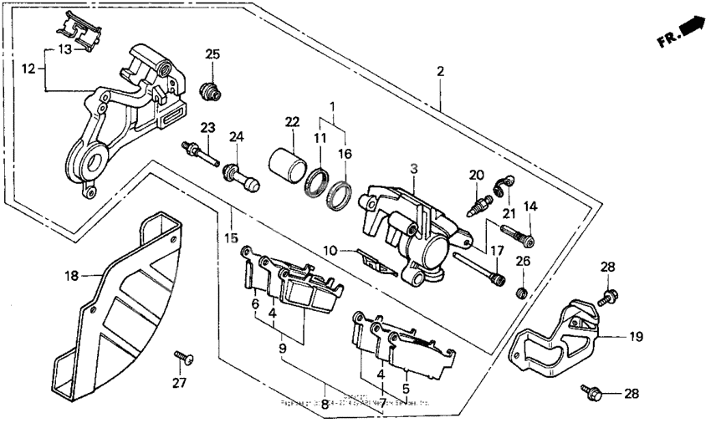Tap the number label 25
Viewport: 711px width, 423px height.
coord(212,55)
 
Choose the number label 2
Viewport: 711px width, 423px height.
coord(440,73)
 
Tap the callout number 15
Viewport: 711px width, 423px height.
coord(231,237)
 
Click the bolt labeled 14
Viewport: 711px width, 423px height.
coord(518,234)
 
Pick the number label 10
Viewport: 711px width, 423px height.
coord(331,250)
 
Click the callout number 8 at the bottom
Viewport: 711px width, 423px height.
coord(325,404)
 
